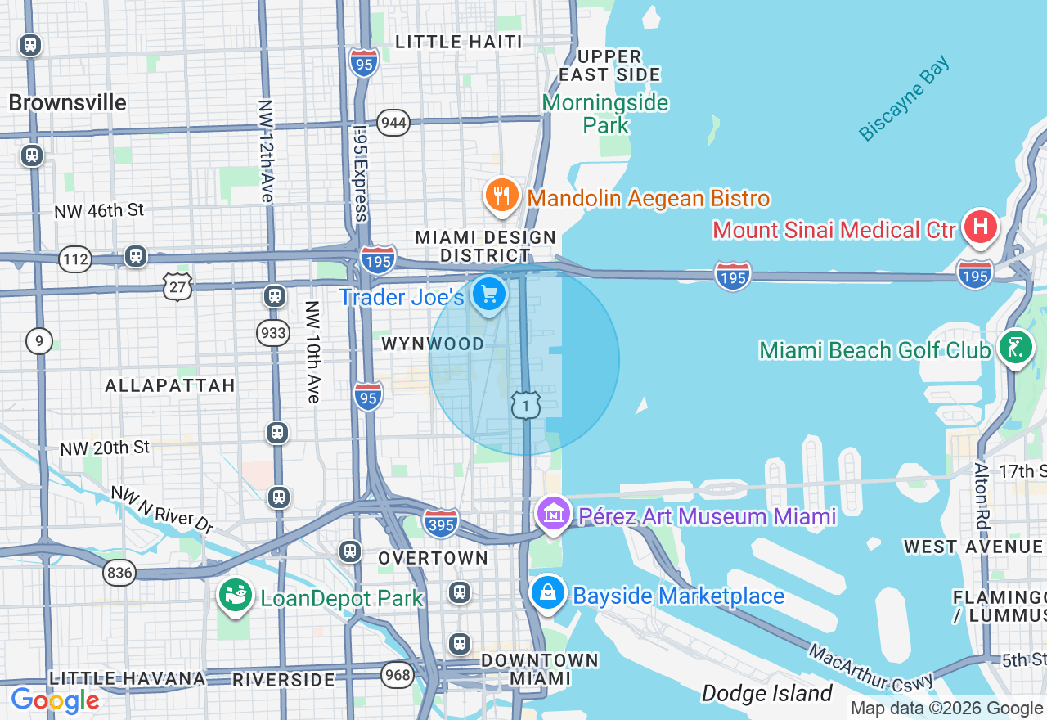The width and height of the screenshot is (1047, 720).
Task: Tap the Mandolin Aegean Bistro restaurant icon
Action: [x=501, y=196]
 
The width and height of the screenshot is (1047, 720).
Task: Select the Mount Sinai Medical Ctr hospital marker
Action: [x=980, y=227]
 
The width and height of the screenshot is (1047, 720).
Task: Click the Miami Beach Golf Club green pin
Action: [x=1015, y=348]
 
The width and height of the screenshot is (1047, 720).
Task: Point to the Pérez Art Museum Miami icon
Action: [x=554, y=514]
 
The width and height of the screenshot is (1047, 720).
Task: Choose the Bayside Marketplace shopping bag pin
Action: [x=547, y=593]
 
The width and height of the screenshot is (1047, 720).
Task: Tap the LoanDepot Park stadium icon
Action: [x=235, y=596]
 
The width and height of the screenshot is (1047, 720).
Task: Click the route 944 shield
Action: [x=393, y=123]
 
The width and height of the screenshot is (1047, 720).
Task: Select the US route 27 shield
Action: [x=177, y=286]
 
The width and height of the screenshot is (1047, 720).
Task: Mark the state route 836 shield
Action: [x=119, y=573]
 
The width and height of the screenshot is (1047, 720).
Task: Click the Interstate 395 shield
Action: [x=441, y=523]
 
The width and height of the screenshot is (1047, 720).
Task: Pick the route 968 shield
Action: [x=397, y=673]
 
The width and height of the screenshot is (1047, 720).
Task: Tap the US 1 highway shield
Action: [x=526, y=405]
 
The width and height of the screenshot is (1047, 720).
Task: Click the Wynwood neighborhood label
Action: [x=433, y=344]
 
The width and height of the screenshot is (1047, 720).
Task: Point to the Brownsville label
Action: [x=67, y=103]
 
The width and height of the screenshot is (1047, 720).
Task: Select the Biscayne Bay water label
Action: [x=905, y=99]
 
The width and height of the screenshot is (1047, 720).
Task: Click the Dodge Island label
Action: [x=766, y=694]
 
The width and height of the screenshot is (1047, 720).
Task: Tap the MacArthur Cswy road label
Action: [x=870, y=667]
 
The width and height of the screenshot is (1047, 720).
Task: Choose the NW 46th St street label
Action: [x=99, y=211]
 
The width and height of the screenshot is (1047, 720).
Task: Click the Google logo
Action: [x=55, y=701]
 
